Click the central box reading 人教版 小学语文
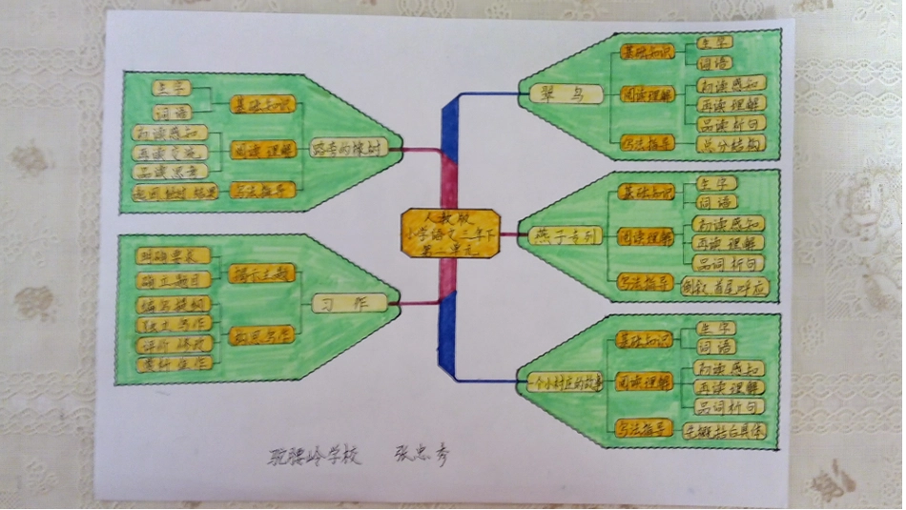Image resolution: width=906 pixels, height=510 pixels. pyautogui.click(x=449, y=233)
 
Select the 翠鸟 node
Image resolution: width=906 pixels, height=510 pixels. pyautogui.click(x=563, y=93)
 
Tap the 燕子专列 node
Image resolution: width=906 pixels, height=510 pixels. pyautogui.click(x=564, y=235)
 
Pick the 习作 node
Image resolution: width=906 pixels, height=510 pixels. pyautogui.click(x=349, y=303)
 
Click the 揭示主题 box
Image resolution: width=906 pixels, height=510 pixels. pyautogui.click(x=262, y=274)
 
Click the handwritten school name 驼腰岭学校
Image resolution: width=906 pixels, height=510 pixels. pyautogui.click(x=315, y=456)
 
